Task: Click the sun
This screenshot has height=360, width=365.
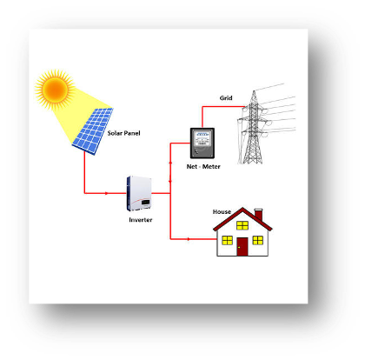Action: click(x=55, y=90)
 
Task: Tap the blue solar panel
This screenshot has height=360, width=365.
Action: click(x=93, y=130)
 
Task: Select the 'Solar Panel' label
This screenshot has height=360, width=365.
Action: click(x=123, y=133)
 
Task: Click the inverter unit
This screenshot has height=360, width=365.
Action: click(x=139, y=193)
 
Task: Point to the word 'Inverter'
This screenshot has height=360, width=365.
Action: click(x=141, y=220)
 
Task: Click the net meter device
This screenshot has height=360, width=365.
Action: click(x=202, y=143)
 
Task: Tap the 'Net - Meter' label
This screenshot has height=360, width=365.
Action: click(x=203, y=167)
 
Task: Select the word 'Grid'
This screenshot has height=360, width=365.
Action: click(x=226, y=98)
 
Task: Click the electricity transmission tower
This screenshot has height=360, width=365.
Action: click(x=254, y=128)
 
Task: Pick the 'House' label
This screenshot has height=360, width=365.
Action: click(x=222, y=212)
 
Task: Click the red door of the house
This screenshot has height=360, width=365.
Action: click(x=242, y=247)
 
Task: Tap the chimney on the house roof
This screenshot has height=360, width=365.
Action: click(x=258, y=214)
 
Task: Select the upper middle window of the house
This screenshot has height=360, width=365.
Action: click(x=242, y=225)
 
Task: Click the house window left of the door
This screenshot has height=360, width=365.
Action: click(x=227, y=240)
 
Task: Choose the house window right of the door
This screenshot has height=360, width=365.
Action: click(x=258, y=240)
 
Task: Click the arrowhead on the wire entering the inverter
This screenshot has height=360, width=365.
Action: click(x=107, y=193)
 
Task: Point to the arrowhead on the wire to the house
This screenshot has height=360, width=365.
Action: click(x=189, y=239)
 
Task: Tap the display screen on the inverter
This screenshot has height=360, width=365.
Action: click(x=146, y=202)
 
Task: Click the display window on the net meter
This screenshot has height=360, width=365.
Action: click(x=202, y=135)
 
